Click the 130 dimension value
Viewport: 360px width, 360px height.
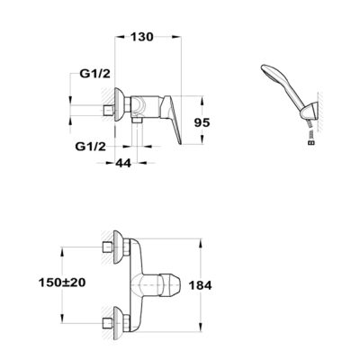(x=142, y=37)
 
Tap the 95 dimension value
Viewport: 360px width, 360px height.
(x=202, y=122)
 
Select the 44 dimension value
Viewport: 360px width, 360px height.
(x=123, y=163)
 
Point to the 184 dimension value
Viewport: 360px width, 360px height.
(x=200, y=285)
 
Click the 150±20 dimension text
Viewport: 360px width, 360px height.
(x=62, y=283)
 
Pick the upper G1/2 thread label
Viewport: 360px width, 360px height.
(x=94, y=74)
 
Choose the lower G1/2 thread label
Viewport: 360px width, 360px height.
(x=91, y=147)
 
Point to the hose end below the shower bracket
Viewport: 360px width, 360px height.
(x=312, y=138)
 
